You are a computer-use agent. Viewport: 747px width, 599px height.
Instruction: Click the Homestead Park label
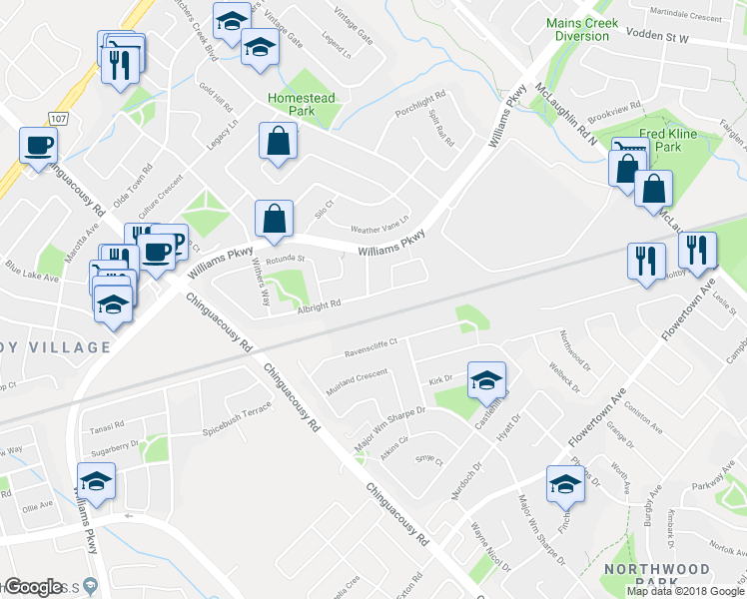click(301, 104)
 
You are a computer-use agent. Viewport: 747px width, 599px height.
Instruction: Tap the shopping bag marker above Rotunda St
click(274, 218)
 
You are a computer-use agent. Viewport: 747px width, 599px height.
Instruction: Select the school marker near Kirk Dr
click(486, 379)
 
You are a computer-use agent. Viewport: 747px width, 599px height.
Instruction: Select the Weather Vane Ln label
click(379, 226)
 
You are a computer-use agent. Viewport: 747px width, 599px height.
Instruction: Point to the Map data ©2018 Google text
click(685, 591)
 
